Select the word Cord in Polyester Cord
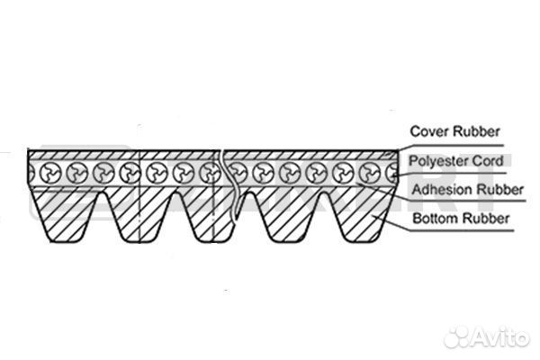488,161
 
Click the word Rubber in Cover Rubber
476,131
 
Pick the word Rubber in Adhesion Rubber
500,190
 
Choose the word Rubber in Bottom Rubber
486,219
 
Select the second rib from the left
140,215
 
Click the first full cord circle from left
50,173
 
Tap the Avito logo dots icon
457,337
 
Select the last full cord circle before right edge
370,173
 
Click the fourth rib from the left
288,215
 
